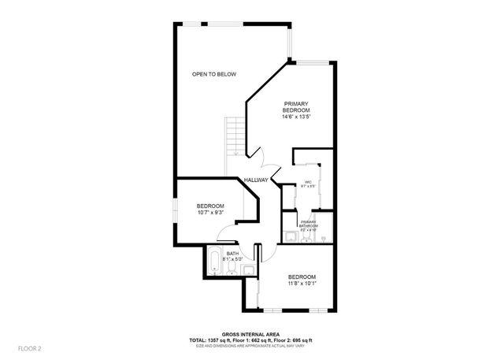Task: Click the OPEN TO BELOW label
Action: coord(214,74)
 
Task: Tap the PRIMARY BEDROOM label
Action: coord(296,107)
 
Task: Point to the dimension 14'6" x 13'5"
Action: coord(296,117)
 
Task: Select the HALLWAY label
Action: coord(257,180)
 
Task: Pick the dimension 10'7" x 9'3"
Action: coord(210,213)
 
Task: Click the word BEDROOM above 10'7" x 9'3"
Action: coord(210,206)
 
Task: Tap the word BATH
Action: coord(232,253)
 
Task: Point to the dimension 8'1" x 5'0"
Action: coord(232,259)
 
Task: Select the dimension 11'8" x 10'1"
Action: coord(302,284)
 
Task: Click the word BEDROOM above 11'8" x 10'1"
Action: coord(302,276)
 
